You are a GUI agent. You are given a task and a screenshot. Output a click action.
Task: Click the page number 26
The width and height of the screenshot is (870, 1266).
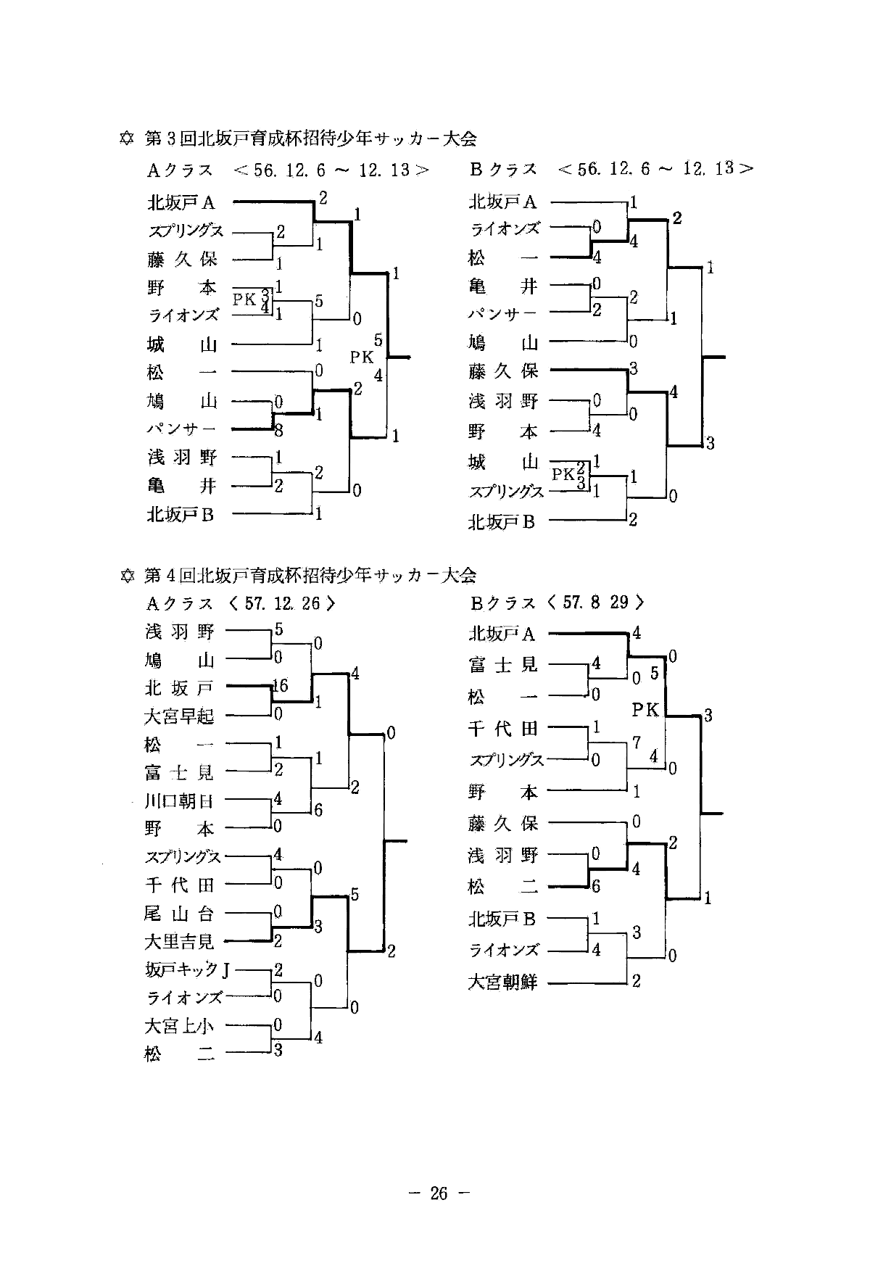pos(439,1193)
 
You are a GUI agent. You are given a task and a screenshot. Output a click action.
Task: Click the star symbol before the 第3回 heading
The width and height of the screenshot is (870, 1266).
pos(126,138)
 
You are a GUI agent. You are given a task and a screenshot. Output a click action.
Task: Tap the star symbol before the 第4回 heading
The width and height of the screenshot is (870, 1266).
pos(126,576)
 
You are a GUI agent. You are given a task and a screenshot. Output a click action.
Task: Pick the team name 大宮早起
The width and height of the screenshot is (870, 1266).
pos(179,716)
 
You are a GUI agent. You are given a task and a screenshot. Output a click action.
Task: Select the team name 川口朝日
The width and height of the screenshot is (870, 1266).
pos(179,801)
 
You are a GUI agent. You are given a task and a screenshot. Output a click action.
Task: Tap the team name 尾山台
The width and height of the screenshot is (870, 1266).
pos(179,914)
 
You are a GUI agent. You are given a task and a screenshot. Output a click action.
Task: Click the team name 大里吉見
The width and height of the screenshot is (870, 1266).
pos(179,942)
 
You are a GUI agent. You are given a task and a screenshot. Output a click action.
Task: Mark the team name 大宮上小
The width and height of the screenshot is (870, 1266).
pos(179,1026)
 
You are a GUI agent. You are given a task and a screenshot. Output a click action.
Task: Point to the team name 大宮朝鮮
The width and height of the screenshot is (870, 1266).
pos(502,983)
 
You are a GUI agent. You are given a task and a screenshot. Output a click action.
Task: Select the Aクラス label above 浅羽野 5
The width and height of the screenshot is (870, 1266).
pos(179,603)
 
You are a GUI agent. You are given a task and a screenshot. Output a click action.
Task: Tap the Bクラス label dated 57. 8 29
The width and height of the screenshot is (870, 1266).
pos(502,603)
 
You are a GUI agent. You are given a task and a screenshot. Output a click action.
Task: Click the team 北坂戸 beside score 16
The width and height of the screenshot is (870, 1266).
pos(179,687)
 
